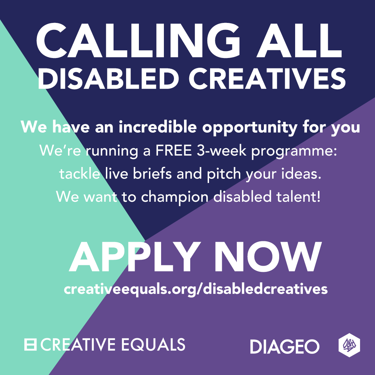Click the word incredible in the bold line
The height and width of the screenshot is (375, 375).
159,127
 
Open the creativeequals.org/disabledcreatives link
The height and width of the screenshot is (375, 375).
196,289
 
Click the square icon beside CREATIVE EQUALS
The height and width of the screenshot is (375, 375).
30,344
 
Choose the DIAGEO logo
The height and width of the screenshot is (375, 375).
285,347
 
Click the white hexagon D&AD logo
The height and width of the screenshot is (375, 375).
349,345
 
